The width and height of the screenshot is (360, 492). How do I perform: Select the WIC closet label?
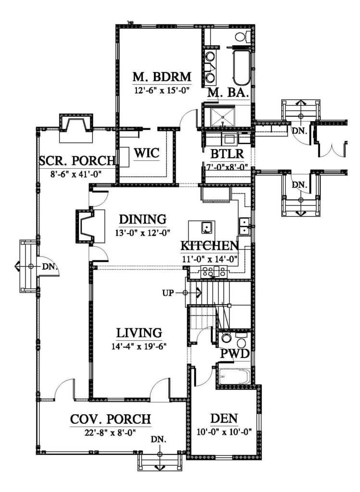click(147, 153)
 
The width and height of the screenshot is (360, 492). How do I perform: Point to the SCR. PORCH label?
click(77, 160)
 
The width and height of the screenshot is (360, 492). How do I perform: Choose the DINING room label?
click(143, 220)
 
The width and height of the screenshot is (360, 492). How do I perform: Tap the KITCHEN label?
click(210, 246)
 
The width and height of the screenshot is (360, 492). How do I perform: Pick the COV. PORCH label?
click(111, 419)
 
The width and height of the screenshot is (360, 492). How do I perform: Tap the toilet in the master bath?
click(240, 37)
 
